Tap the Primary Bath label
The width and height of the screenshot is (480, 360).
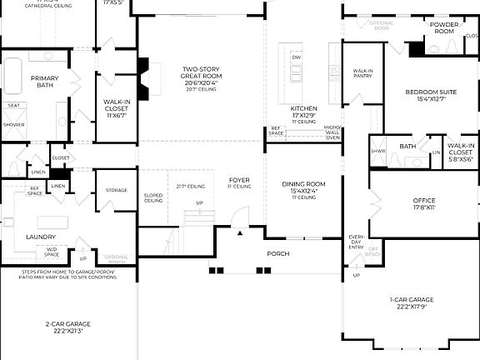click(44, 82)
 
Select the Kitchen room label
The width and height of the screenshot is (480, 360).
click(303, 109)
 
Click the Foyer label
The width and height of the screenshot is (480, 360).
click(239, 180)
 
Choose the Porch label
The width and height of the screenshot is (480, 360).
click(277, 252)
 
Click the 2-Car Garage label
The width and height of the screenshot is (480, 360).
click(67, 323)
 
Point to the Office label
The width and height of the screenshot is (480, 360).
click(424, 201)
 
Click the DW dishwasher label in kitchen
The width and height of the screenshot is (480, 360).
click(296, 57)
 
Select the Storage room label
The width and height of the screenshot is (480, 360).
click(117, 190)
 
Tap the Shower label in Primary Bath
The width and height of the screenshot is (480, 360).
click(14, 124)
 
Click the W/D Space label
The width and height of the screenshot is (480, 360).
click(52, 250)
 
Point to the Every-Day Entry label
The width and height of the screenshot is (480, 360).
click(356, 242)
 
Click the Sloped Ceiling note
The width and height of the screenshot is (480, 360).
click(153, 198)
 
